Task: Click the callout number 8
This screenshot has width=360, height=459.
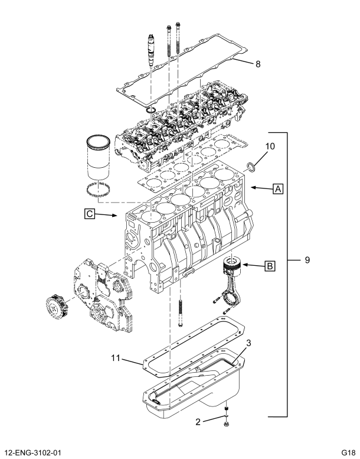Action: (258, 64)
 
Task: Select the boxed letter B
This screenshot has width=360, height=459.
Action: (269, 266)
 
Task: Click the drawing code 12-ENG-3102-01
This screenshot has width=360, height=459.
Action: (37, 453)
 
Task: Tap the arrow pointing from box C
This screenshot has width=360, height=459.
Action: (109, 216)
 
